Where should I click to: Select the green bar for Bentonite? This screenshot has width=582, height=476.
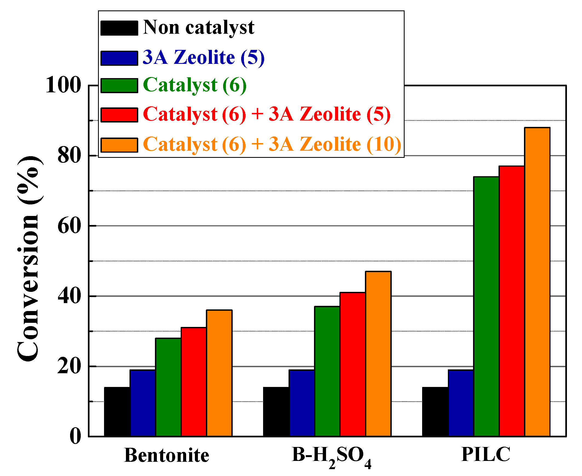click(x=168, y=387)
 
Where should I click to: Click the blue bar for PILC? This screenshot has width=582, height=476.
click(x=461, y=403)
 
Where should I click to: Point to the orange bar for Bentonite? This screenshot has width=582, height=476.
click(x=219, y=373)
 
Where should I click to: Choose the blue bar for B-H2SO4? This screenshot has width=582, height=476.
click(x=302, y=403)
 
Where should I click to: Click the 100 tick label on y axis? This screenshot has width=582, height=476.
click(x=64, y=85)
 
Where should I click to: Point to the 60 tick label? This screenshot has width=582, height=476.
click(x=69, y=226)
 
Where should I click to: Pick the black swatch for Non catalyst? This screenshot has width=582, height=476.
click(x=119, y=28)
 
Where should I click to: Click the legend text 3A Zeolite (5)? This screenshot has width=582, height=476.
click(x=203, y=58)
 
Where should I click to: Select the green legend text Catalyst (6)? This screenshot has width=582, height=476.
click(x=195, y=85)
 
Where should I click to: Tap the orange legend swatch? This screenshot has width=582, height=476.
click(x=119, y=145)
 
